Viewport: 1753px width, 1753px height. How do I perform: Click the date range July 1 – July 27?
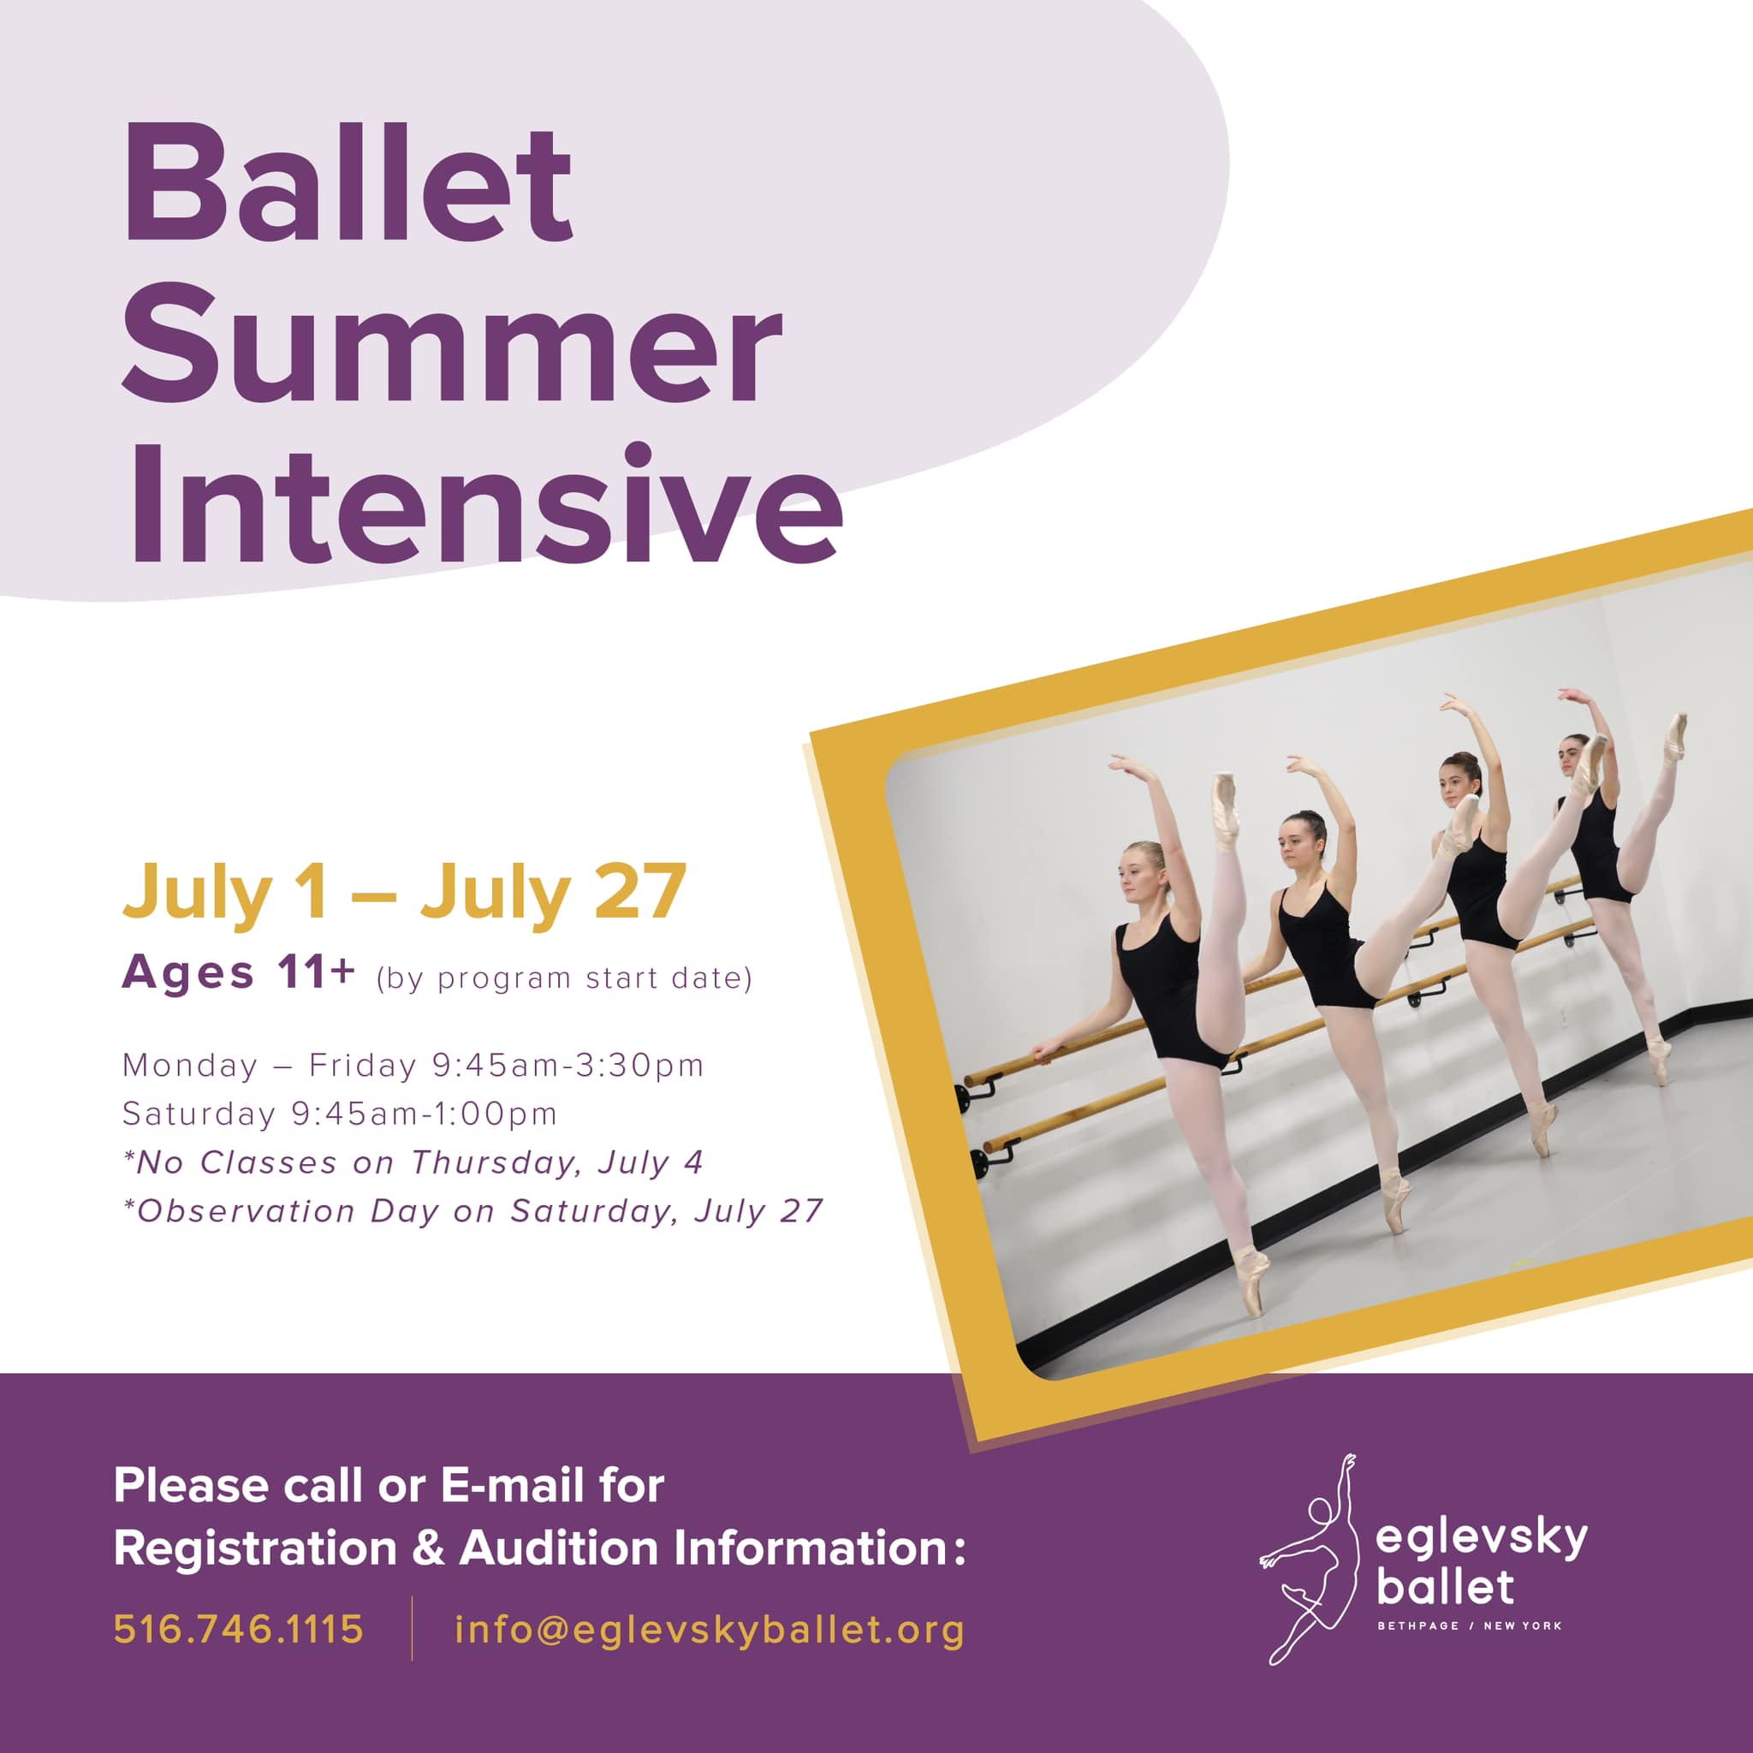point(404,893)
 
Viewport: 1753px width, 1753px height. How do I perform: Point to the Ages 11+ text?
point(239,972)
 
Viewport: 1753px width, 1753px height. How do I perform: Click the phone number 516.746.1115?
point(239,1629)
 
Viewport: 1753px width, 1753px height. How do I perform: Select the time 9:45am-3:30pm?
point(568,1065)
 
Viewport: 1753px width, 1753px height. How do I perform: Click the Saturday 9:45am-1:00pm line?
point(339,1114)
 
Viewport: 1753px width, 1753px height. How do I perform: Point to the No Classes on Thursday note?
point(413,1162)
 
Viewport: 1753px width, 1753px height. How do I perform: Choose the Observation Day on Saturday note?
point(472,1211)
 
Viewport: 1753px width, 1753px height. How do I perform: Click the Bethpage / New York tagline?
point(1470,1625)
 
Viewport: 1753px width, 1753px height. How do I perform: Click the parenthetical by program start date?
point(564,978)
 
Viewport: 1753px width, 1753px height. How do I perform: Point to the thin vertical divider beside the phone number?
point(412,1628)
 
